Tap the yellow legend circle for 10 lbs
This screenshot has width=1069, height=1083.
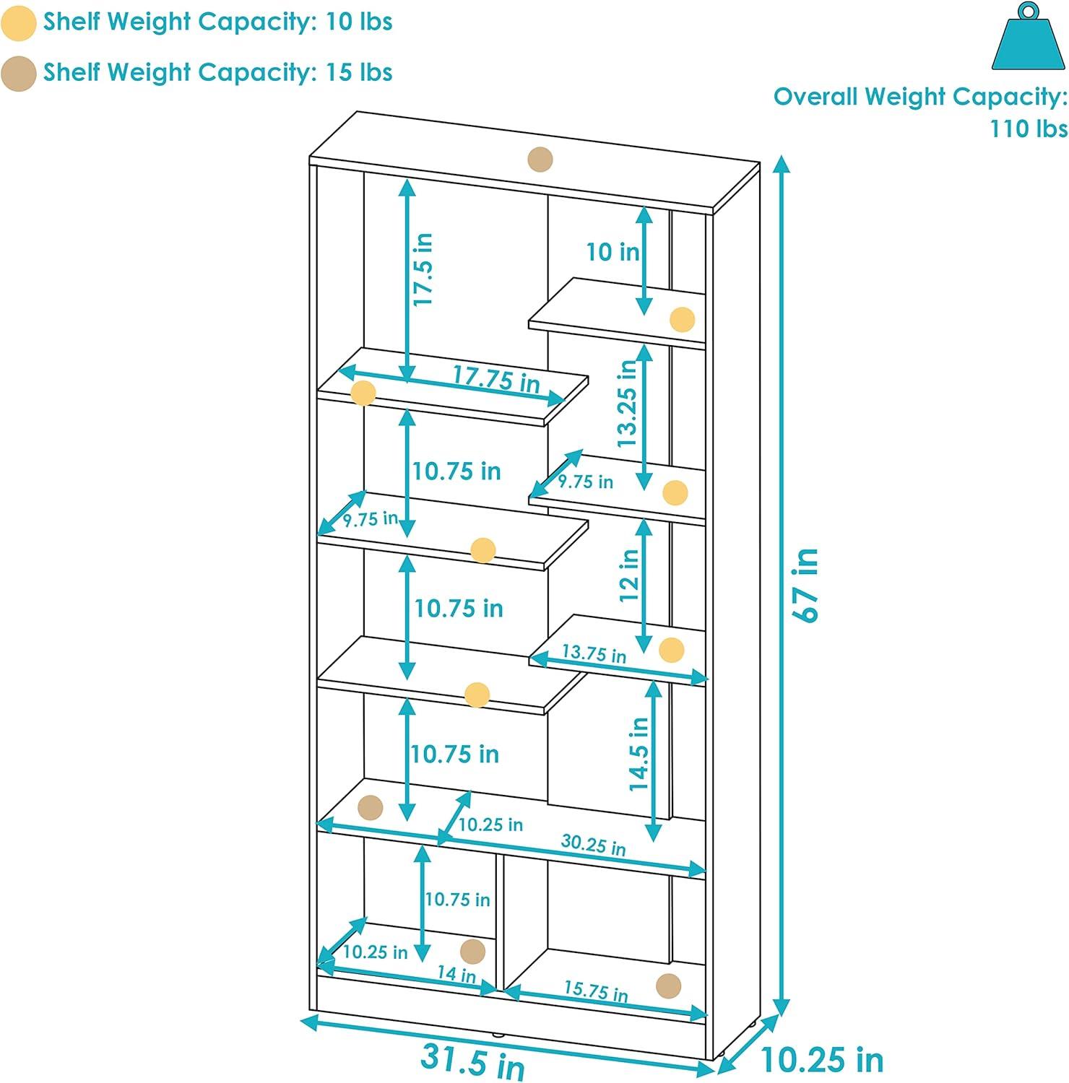pyautogui.click(x=18, y=22)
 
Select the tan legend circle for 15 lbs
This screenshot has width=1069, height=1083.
pyautogui.click(x=18, y=74)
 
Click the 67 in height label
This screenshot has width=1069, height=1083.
pyautogui.click(x=806, y=585)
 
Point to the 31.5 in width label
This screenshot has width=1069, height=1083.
pyautogui.click(x=472, y=1062)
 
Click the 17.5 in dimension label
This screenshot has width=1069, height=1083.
pyautogui.click(x=423, y=269)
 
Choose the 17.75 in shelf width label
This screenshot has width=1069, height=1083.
pyautogui.click(x=496, y=378)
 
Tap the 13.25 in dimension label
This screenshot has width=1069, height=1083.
pyautogui.click(x=627, y=403)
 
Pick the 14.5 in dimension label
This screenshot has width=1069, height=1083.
pyautogui.click(x=639, y=753)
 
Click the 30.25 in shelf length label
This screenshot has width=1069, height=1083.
pyautogui.click(x=593, y=844)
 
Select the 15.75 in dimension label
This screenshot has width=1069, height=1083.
pyautogui.click(x=596, y=990)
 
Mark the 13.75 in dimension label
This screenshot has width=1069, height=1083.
pyautogui.click(x=594, y=653)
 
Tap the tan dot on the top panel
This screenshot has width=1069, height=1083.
pyautogui.click(x=540, y=160)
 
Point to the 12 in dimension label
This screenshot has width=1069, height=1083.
pyautogui.click(x=629, y=575)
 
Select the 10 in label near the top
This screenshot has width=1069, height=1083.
pyautogui.click(x=613, y=252)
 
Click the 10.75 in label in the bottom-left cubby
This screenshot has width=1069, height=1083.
pyautogui.click(x=457, y=900)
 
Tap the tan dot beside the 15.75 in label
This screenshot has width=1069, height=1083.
pyautogui.click(x=669, y=986)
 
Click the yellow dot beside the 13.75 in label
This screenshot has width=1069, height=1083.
pyautogui.click(x=672, y=651)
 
